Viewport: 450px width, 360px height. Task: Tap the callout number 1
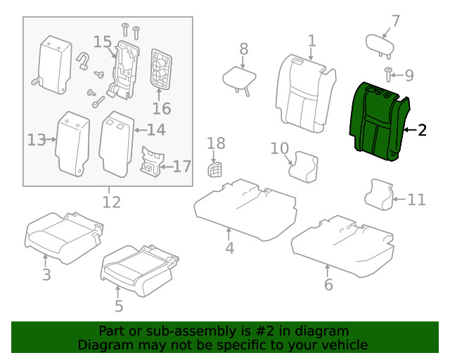point(311,41)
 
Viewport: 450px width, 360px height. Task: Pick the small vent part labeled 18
point(216,169)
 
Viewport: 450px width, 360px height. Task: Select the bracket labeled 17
point(150,163)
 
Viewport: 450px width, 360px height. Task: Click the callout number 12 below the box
point(111,203)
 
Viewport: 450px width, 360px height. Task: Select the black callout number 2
point(422,129)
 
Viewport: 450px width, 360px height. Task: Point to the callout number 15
point(103,42)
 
